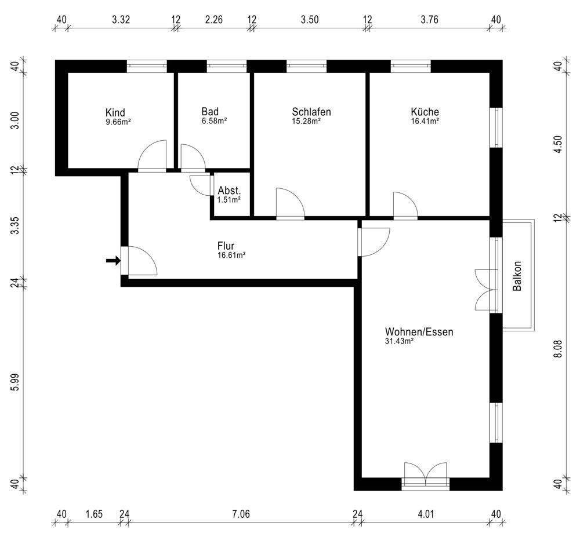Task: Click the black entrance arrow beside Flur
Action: tap(113, 261)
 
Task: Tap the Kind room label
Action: tap(115, 112)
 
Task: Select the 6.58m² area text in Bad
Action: tap(214, 120)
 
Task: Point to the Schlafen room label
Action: tap(311, 112)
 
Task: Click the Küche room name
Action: tap(425, 111)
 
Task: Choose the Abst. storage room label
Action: tap(229, 191)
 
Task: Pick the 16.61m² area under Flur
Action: tap(231, 255)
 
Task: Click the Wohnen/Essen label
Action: tap(419, 332)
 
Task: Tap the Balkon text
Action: tap(517, 276)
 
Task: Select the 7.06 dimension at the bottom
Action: tap(241, 514)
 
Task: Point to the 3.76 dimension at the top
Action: tap(429, 19)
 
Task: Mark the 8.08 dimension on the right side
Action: tap(558, 349)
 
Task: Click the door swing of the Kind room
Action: tap(151, 155)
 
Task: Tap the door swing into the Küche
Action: tap(405, 205)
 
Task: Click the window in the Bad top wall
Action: tap(226, 66)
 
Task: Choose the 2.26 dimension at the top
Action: tap(214, 19)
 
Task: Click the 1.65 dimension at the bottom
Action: tap(94, 514)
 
